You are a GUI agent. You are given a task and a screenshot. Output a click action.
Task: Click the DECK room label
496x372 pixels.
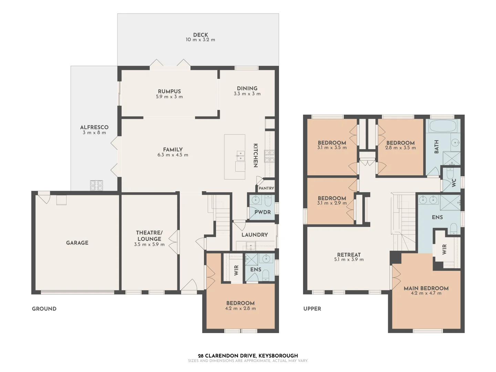pos(200,35)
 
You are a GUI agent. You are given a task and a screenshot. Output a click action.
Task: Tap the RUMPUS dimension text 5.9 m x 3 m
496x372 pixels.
pos(169,97)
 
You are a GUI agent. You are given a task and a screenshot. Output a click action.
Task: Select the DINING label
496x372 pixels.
pos(247,88)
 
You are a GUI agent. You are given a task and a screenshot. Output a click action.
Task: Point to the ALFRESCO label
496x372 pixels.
pos(94,127)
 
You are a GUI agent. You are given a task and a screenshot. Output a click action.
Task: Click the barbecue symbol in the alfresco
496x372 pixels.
pos(97,185)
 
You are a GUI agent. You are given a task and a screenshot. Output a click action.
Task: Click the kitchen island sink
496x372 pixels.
pos(240,156)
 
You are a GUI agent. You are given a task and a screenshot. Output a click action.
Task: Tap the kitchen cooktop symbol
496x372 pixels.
pos(269,156)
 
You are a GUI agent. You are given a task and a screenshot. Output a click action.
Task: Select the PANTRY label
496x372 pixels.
pos(266,188)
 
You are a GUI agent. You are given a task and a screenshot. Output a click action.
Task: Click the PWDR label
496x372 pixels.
pos(262,212)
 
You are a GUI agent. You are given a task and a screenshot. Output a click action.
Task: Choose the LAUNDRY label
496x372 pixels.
pos(255,235)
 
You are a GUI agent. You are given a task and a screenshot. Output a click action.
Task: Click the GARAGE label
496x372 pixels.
pos(77,243)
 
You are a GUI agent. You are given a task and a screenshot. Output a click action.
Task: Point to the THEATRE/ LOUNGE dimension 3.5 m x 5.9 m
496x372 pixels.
pos(149,245)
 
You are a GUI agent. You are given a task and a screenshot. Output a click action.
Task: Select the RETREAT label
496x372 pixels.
pos(349,255)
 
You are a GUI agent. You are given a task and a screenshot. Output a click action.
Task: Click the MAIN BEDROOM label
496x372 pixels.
pos(426,288)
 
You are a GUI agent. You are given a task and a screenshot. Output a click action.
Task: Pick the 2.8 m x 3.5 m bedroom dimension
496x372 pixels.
pos(400,148)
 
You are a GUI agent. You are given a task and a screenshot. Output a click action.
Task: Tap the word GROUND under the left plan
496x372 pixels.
pos(44,309)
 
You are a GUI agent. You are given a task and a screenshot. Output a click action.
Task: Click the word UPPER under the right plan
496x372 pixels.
pos(312,309)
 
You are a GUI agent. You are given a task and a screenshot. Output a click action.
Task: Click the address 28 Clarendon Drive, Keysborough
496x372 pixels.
pos(248,355)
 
